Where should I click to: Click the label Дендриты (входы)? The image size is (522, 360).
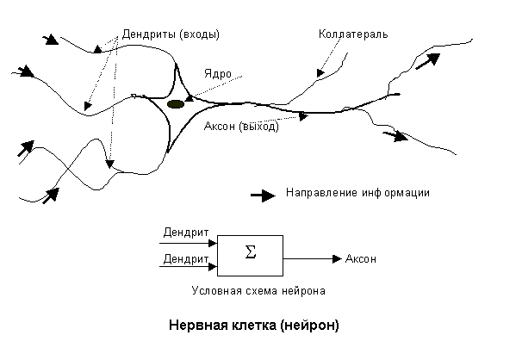[171, 34]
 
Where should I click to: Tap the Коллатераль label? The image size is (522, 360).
[353, 34]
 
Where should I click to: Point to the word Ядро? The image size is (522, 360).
[218, 73]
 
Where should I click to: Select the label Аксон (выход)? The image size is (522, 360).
[241, 126]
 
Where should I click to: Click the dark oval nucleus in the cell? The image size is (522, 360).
[176, 104]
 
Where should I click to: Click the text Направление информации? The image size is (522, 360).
[357, 193]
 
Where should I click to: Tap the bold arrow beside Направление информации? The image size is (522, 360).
[263, 196]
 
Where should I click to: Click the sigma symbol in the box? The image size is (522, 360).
[251, 252]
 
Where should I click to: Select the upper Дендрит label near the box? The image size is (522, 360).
[186, 233]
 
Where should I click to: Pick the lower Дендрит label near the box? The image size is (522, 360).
[186, 258]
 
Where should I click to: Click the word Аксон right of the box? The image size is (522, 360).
[361, 258]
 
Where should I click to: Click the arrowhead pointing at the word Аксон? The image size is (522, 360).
[338, 258]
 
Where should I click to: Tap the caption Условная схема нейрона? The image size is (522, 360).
[258, 291]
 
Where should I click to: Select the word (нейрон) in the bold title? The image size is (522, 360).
[309, 325]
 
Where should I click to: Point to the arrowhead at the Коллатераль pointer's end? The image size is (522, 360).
[320, 73]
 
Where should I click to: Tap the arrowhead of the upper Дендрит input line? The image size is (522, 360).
[213, 243]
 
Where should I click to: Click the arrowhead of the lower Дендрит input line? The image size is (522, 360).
[213, 266]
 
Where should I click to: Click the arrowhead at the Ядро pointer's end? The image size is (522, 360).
[190, 98]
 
